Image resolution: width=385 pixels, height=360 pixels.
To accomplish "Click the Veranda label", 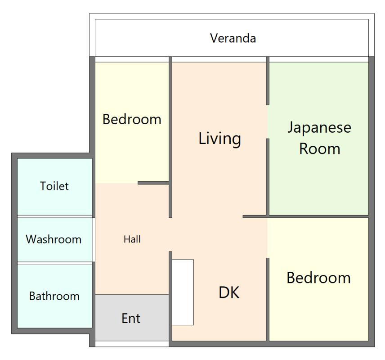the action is pyautogui.click(x=233, y=38).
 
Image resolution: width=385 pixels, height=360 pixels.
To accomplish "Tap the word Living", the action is pyautogui.click(x=219, y=139).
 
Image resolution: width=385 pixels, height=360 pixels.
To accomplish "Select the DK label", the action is pyautogui.click(x=229, y=292).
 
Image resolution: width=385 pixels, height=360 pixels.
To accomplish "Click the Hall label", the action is pyautogui.click(x=132, y=239).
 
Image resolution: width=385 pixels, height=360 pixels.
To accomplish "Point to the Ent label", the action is pyautogui.click(x=131, y=319).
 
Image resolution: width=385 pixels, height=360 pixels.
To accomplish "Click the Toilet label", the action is pyautogui.click(x=54, y=186).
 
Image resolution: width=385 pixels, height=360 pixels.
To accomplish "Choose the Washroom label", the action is pyautogui.click(x=54, y=239).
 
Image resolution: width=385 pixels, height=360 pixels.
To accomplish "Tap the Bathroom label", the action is pyautogui.click(x=54, y=296).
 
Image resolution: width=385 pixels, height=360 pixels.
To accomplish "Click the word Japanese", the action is pyautogui.click(x=319, y=128).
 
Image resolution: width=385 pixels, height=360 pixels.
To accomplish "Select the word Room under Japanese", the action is pyautogui.click(x=320, y=148).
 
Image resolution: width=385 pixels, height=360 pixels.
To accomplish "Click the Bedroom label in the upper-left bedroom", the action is pyautogui.click(x=132, y=119).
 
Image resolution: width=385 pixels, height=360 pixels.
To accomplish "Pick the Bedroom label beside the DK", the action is pyautogui.click(x=318, y=278).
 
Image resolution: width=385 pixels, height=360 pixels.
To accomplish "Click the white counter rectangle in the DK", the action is pyautogui.click(x=183, y=292).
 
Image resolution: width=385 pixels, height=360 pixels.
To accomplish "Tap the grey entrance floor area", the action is pyautogui.click(x=132, y=318).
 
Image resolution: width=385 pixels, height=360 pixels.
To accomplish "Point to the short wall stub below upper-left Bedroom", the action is pyautogui.click(x=153, y=183).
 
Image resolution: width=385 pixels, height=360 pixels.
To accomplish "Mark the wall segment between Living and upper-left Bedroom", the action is pyautogui.click(x=170, y=137).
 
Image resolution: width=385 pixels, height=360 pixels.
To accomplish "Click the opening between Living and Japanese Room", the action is pyautogui.click(x=268, y=122).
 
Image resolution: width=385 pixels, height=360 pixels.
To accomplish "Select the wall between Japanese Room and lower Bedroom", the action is pyautogui.click(x=305, y=216).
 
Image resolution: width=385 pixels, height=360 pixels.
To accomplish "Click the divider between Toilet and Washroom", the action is pyautogui.click(x=55, y=217).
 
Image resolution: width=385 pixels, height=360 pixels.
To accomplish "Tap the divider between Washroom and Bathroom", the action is pyautogui.click(x=55, y=263).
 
